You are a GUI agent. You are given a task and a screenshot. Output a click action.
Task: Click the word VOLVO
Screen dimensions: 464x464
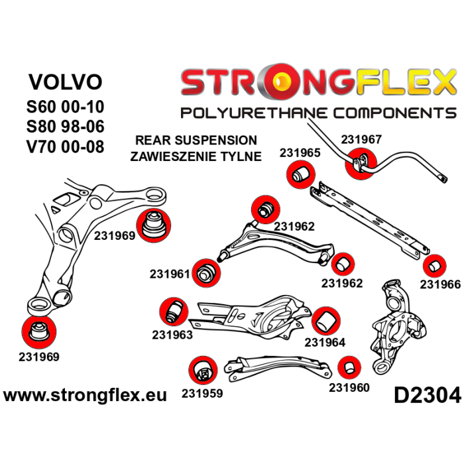point(66,82)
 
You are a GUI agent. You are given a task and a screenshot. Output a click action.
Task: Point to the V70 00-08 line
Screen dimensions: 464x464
point(66,146)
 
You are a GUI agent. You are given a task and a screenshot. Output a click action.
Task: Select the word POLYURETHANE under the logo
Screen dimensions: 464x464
point(254,112)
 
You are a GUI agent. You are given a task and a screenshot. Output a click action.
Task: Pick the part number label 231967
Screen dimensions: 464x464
point(361,140)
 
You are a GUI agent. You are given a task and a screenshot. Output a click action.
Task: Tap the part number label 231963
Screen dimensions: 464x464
point(172,335)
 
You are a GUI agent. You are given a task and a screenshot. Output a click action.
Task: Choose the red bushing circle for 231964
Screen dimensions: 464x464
point(325,321)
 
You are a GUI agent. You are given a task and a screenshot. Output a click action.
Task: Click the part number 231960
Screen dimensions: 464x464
point(349,388)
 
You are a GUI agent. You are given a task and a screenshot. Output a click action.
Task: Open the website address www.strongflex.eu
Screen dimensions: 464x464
point(85,396)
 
